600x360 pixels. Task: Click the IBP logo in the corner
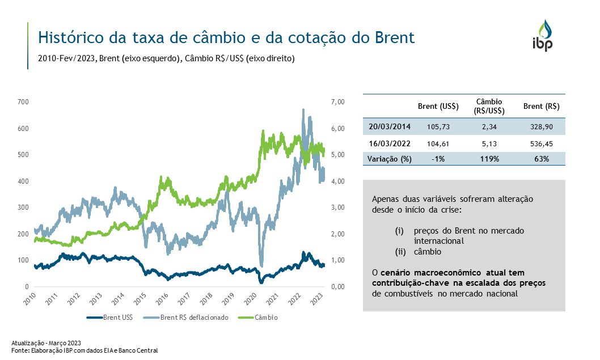544,36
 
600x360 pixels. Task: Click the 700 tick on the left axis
23,102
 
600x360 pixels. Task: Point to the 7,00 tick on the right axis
337,102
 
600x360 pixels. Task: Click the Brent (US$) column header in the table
438,106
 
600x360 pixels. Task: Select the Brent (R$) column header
542,106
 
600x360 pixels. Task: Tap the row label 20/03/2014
390,125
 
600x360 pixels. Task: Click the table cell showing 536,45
542,144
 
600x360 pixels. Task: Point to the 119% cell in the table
489,159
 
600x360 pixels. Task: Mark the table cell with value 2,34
489,125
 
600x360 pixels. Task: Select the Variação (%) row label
390,159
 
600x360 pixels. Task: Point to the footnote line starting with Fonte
84,351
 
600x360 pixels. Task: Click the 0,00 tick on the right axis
337,287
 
